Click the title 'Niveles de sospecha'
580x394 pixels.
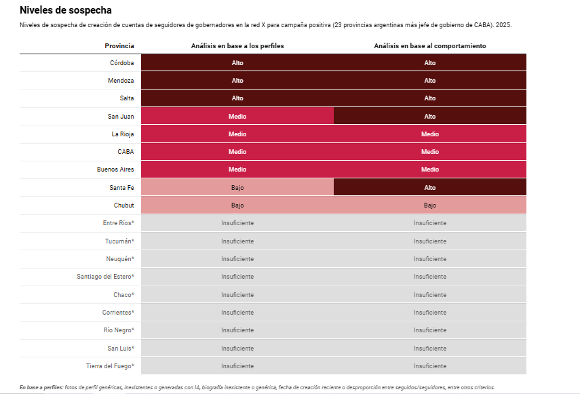point(66,10)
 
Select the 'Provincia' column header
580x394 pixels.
point(119,45)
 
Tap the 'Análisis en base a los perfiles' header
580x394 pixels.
point(237,45)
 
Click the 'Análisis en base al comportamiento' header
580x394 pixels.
point(430,45)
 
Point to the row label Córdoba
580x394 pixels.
point(122,63)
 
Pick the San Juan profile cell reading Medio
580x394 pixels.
point(237,116)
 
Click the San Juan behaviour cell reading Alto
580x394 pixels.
point(430,116)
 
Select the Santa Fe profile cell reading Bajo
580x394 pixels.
point(237,187)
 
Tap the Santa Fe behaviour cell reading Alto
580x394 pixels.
point(430,187)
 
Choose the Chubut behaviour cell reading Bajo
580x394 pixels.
point(430,205)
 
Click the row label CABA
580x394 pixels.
point(125,152)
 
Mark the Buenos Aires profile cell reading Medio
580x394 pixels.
point(237,170)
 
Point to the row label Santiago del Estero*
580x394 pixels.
point(106,276)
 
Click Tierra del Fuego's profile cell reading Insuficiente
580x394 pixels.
point(237,366)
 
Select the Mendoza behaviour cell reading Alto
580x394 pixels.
point(430,81)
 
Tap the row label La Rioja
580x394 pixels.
point(123,134)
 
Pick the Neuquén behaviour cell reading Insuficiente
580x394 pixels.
point(430,258)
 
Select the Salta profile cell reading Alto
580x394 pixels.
point(237,98)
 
